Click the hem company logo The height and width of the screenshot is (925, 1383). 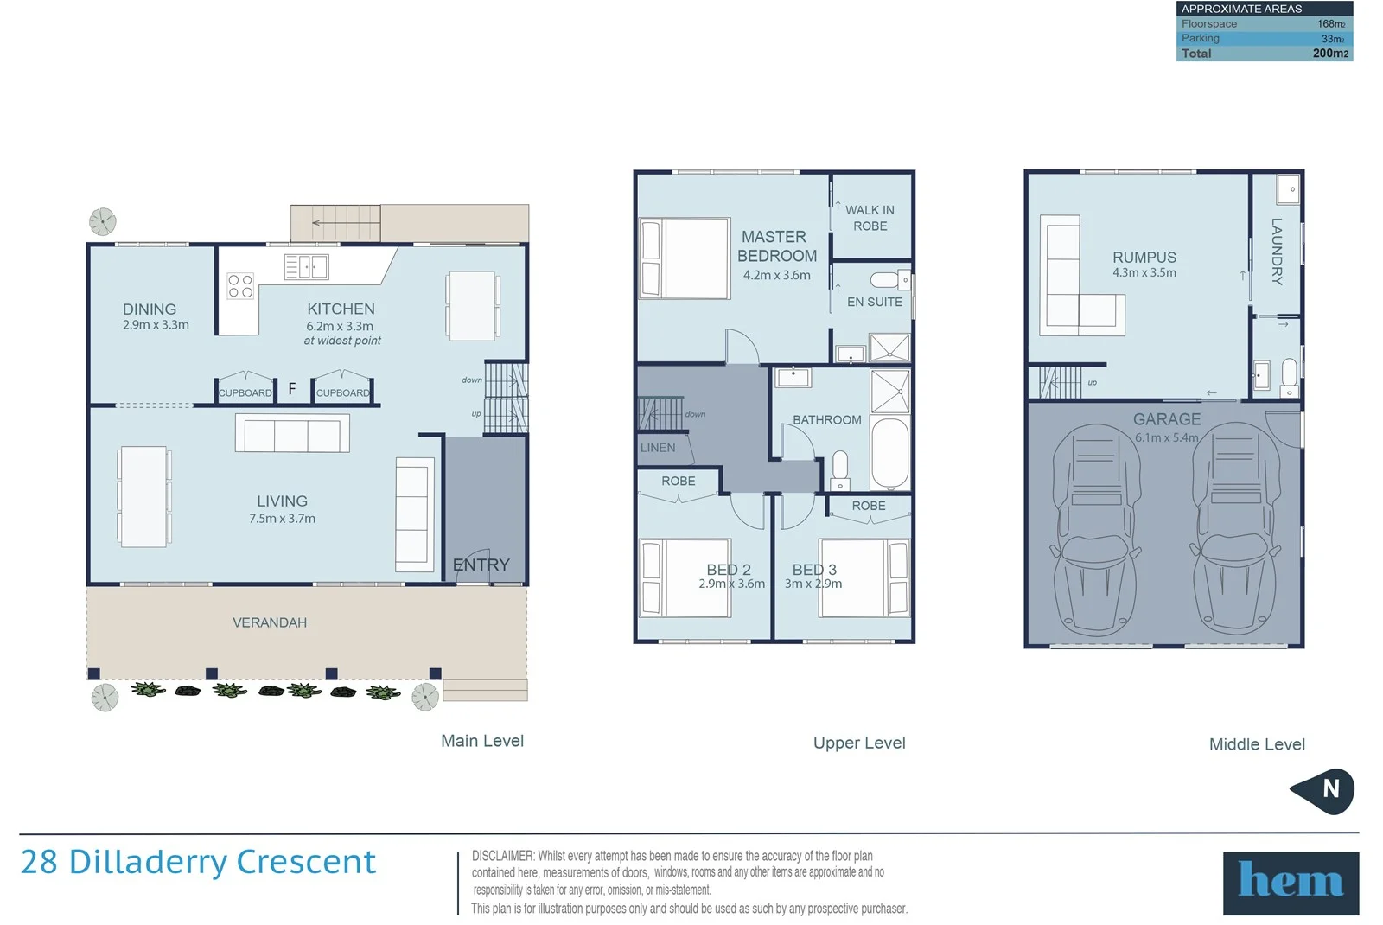tap(1290, 883)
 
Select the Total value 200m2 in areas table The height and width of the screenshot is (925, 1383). tap(1329, 54)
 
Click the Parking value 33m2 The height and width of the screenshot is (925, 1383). tap(1332, 39)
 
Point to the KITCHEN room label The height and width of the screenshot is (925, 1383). tap(341, 309)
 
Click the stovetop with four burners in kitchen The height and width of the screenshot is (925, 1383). tap(240, 286)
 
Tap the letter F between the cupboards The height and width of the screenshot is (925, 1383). tap(292, 389)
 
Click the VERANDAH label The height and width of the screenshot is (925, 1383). tap(269, 622)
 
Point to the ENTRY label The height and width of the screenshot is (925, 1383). tap(481, 565)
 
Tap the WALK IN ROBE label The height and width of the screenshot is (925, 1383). tap(870, 218)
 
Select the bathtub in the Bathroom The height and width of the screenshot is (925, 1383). tap(889, 452)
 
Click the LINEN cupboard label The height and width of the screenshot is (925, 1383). tap(658, 448)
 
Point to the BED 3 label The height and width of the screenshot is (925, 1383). tap(814, 570)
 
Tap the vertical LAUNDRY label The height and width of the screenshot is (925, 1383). tap(1277, 251)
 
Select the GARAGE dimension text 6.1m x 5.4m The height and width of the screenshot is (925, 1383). tap(1167, 437)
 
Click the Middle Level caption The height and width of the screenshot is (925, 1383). tap(1256, 744)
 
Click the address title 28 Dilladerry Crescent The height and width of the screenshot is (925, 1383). tap(198, 862)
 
